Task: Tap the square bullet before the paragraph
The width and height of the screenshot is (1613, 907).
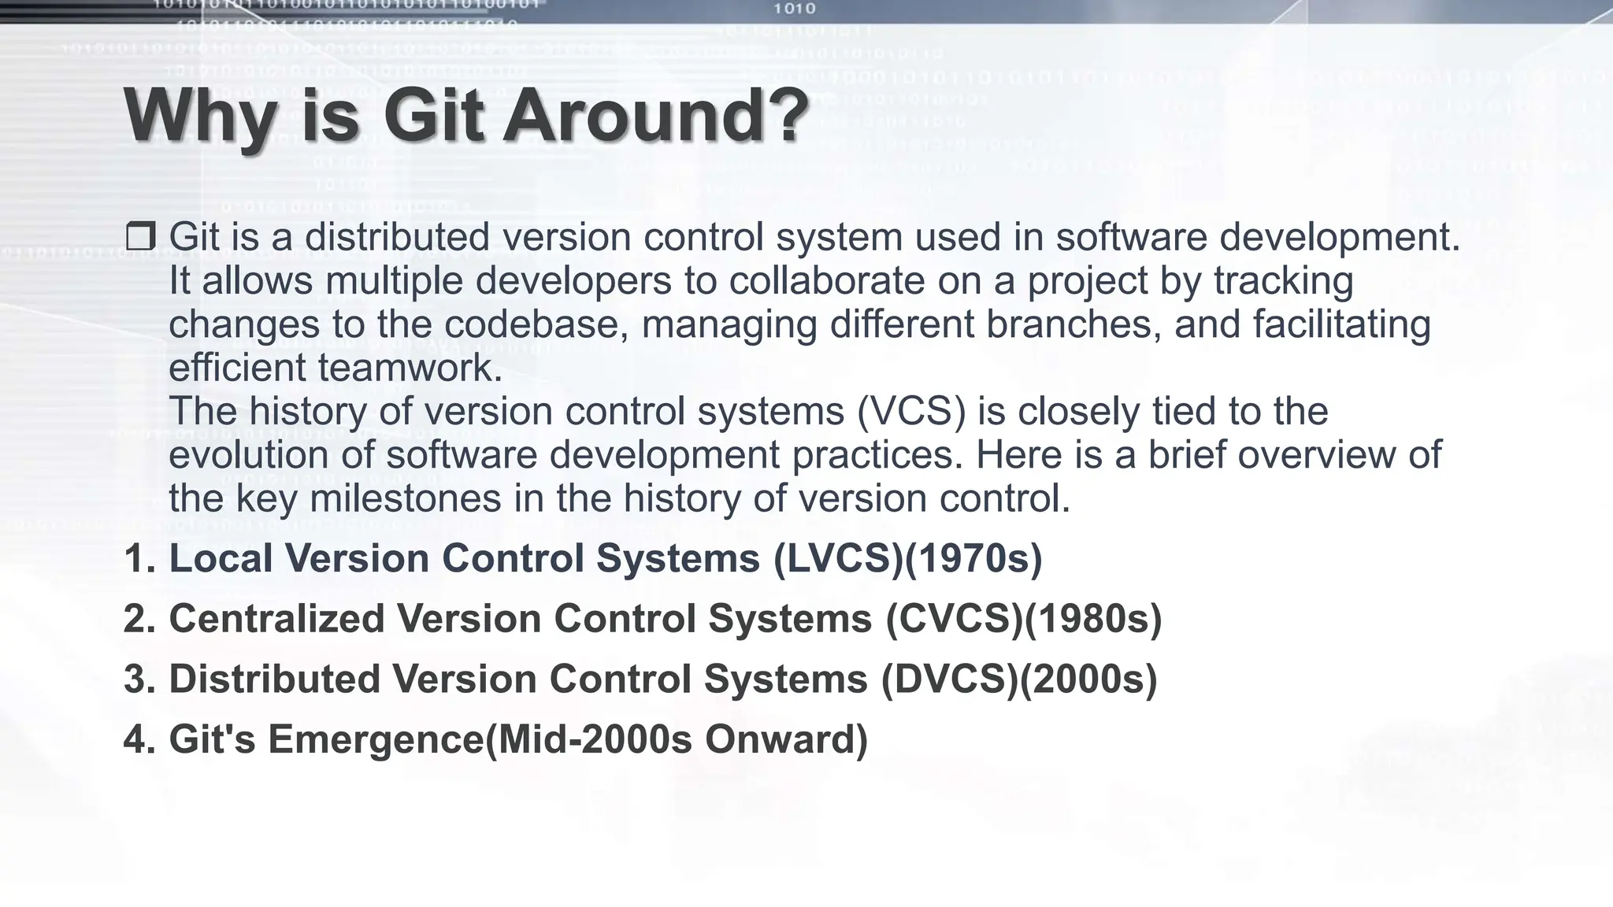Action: [x=140, y=236]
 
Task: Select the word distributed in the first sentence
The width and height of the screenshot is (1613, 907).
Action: [x=397, y=236]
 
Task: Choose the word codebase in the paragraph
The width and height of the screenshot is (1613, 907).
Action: [x=536, y=324]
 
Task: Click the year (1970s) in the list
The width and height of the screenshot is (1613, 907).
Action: [x=973, y=558]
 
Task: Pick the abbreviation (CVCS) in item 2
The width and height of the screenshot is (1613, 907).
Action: [x=954, y=619]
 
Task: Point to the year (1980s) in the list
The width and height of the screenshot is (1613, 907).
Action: [x=1093, y=619]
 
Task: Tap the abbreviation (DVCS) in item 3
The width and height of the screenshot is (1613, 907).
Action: [x=949, y=679]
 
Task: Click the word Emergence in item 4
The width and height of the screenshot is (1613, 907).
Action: [x=376, y=739]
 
